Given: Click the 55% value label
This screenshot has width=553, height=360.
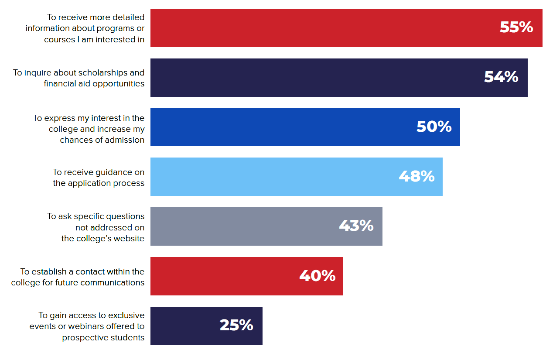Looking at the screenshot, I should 516,27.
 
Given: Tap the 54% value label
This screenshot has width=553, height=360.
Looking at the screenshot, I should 501,77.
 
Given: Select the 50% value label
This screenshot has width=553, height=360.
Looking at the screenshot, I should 434,127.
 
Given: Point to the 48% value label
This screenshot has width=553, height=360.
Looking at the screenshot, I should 416,176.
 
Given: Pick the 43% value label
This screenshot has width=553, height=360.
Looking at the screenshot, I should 356,226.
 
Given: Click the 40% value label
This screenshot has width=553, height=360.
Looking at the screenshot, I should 317,276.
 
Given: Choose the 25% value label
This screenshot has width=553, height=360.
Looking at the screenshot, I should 236,325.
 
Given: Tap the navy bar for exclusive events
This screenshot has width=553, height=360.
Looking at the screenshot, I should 183,326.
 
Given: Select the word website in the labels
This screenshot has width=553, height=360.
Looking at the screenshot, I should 129,238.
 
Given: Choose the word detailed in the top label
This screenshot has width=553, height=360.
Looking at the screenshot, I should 129,17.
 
